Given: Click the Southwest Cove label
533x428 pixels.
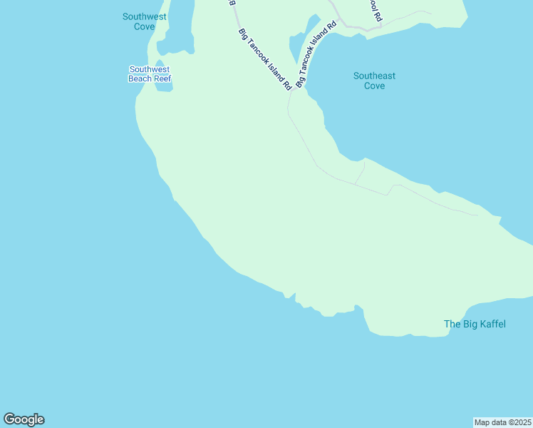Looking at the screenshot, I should tap(144, 21).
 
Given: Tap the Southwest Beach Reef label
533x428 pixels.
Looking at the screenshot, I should tap(150, 74).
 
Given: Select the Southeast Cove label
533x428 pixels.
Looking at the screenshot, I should tap(374, 81).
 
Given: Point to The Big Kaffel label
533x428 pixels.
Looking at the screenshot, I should tap(475, 325).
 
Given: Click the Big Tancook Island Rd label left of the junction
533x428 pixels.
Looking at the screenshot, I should tap(265, 59).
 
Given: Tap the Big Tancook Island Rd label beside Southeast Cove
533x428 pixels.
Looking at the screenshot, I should tap(316, 55).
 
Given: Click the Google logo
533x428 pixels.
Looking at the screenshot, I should tap(24, 419).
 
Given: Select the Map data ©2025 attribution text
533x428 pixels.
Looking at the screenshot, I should tap(502, 422).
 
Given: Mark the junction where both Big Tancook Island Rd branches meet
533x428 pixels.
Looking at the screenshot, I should tap(292, 91).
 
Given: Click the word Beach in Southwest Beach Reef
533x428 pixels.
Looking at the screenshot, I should tap(139, 79).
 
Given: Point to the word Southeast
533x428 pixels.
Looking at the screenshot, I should tap(374, 76).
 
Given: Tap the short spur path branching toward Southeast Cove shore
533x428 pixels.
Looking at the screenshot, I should tap(361, 172).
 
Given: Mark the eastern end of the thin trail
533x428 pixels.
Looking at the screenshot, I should tap(477, 214).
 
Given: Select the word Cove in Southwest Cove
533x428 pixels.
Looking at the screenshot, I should tap(144, 26).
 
